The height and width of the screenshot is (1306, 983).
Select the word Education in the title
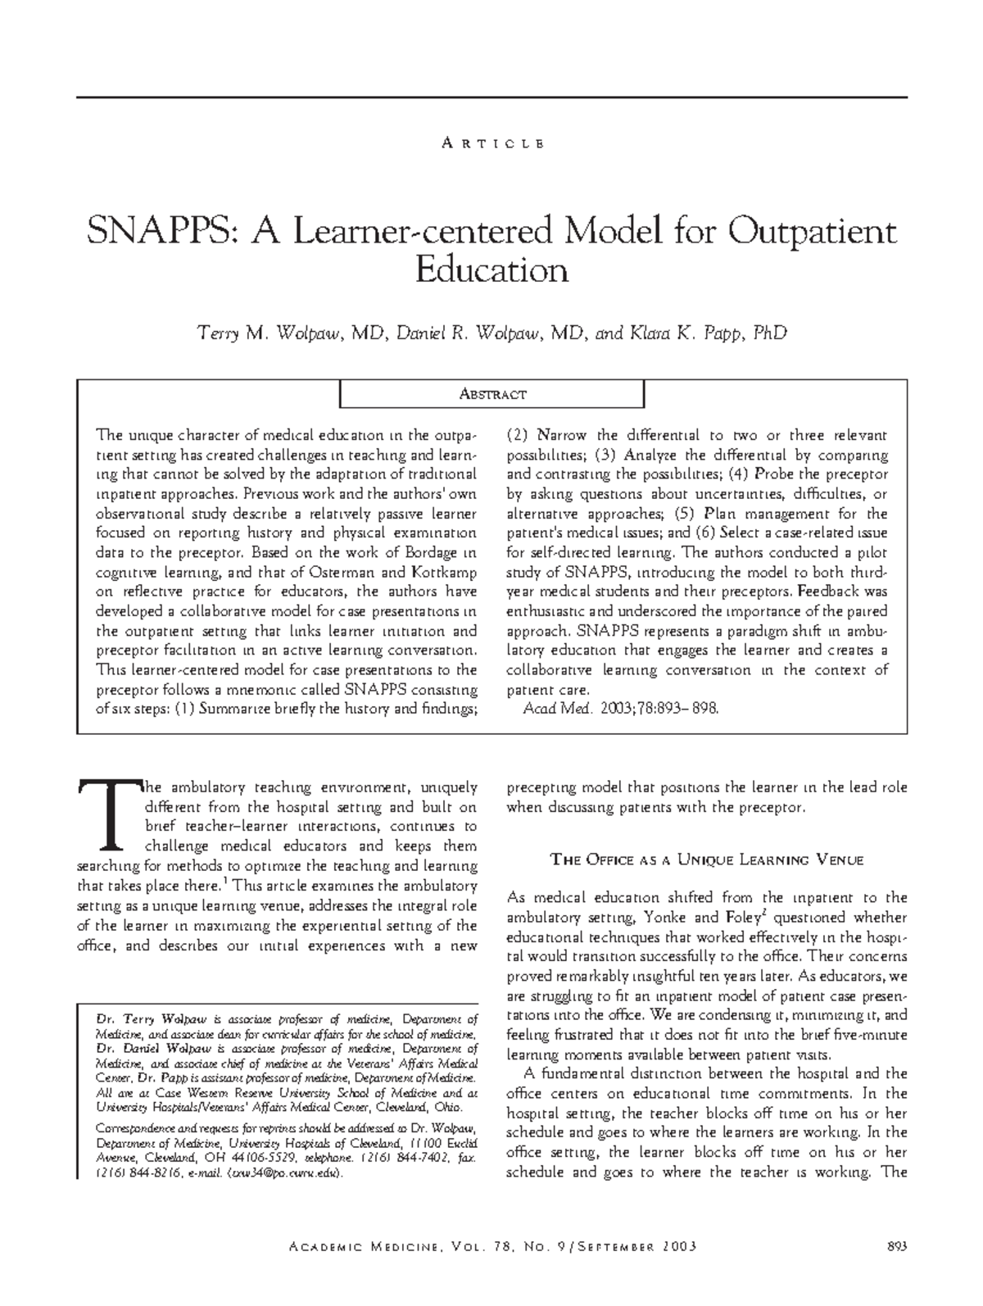491,270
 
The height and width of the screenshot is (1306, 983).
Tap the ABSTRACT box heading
491,395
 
